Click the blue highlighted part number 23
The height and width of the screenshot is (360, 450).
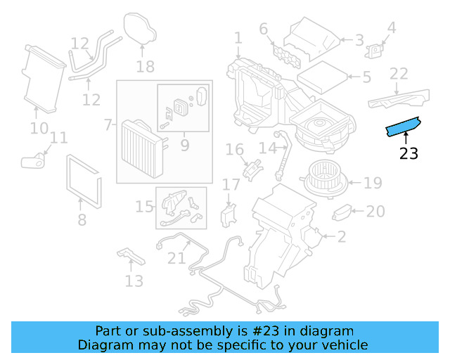[403, 127]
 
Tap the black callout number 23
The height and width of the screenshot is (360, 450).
[409, 153]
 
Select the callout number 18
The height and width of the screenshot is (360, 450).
[145, 67]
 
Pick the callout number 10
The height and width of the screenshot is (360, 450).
[39, 128]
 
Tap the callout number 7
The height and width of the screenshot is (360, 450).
[108, 125]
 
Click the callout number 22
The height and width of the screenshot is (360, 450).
[399, 74]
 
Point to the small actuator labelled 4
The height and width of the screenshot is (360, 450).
[378, 49]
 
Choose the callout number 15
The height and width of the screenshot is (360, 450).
[144, 206]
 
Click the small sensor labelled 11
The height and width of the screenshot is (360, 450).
[32, 161]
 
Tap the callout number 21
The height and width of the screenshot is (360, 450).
[176, 258]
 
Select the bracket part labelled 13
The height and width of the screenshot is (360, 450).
[131, 257]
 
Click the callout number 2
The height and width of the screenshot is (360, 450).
[341, 237]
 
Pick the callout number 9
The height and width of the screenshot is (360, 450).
[185, 146]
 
